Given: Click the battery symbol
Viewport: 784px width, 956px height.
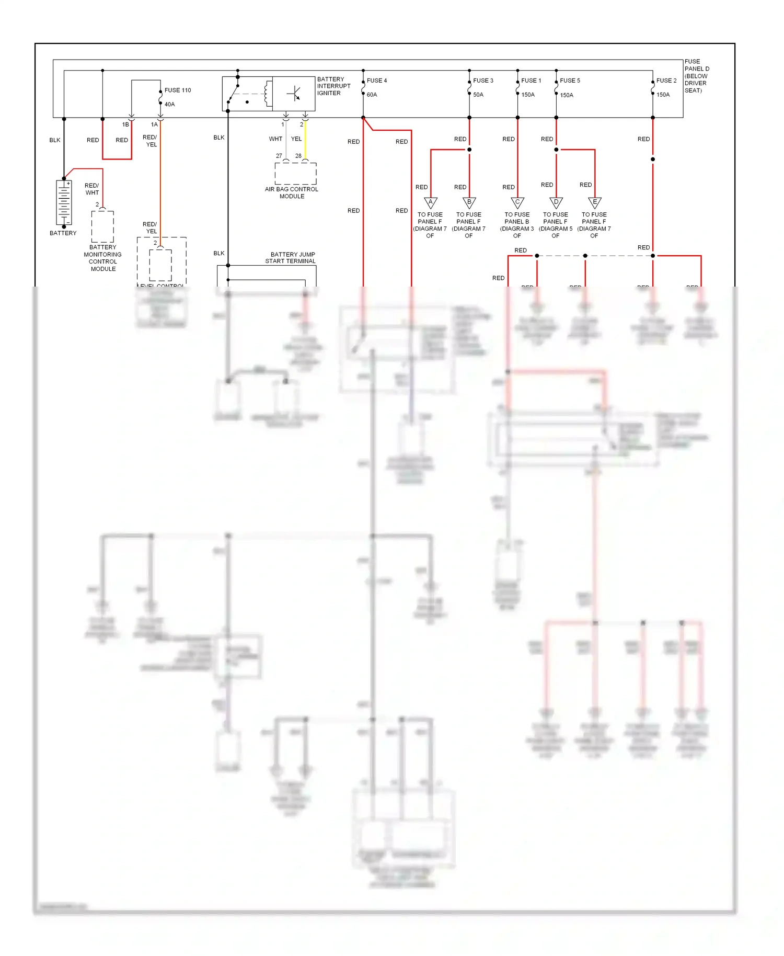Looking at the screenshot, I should click(x=64, y=203).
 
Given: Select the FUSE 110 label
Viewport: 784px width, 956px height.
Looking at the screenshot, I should click(x=178, y=90).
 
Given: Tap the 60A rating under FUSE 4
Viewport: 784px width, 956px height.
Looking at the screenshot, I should click(x=372, y=95).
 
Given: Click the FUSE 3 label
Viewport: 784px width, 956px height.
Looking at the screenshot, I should click(x=483, y=81).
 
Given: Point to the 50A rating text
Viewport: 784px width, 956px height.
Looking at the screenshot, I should click(x=478, y=95).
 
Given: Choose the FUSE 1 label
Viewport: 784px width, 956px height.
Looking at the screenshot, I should click(x=531, y=81).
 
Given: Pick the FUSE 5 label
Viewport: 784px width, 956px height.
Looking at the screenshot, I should click(x=570, y=81).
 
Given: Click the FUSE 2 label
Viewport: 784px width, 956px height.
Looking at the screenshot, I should click(x=666, y=81).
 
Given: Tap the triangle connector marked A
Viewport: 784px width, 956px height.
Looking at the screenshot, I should click(x=430, y=202).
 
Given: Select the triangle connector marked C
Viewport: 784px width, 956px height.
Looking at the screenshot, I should click(x=517, y=202).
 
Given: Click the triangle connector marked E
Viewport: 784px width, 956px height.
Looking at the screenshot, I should click(x=595, y=202).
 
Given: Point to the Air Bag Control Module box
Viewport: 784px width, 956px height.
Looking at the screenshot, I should click(x=295, y=173).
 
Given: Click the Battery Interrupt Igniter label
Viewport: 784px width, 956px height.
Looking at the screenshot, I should click(x=333, y=86).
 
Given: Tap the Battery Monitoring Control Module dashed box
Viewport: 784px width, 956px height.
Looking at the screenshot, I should click(x=102, y=226).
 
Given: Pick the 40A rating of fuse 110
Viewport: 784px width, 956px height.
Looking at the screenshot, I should click(x=169, y=104).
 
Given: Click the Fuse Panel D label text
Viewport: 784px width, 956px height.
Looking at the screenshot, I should click(x=697, y=76).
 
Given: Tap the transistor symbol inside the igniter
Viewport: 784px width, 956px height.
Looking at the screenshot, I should click(x=294, y=94).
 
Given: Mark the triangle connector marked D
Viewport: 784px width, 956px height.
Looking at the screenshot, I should click(x=556, y=202).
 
